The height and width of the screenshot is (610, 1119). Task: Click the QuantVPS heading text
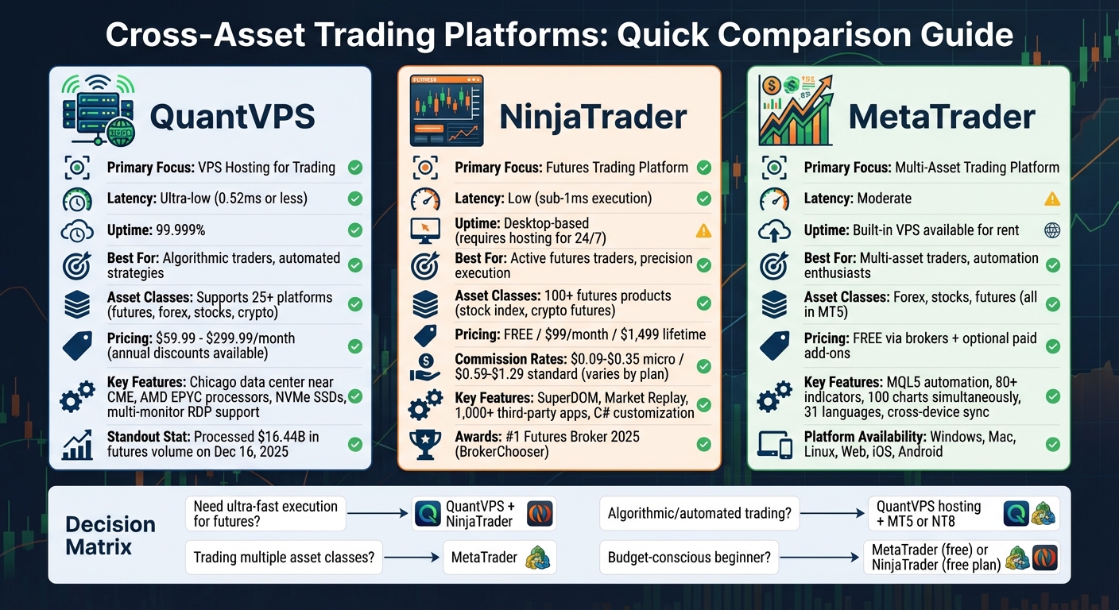232,117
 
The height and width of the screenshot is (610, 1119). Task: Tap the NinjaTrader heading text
593,117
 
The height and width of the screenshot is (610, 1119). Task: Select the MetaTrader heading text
942,117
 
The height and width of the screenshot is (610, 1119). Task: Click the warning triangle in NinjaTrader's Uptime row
703,231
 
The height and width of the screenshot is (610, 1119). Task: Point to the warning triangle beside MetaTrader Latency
1052,199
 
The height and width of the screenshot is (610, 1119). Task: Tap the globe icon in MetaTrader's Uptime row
1052,230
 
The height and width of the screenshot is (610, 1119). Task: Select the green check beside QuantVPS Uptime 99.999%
355,230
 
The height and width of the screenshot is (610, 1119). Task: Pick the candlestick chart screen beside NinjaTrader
446,111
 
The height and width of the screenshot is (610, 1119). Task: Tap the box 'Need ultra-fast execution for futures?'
265,514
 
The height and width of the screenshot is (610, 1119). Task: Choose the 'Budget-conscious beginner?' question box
689,558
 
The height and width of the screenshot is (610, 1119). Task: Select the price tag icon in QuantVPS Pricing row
77,346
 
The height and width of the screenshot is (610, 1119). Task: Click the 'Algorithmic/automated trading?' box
699,514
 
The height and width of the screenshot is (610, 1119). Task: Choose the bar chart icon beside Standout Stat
77,445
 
